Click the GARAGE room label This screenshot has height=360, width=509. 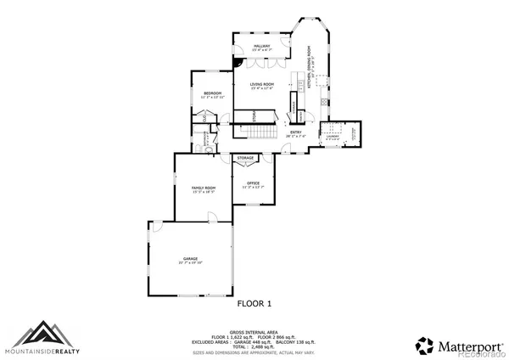click(190, 259)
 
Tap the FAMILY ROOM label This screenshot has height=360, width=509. click(203, 188)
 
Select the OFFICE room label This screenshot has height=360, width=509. click(254, 183)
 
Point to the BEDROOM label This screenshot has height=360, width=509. click(211, 93)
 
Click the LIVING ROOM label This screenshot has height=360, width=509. click(261, 84)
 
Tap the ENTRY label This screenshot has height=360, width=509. click(295, 132)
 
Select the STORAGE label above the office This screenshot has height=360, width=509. click(246, 158)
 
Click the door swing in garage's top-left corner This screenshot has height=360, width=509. click(156, 226)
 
